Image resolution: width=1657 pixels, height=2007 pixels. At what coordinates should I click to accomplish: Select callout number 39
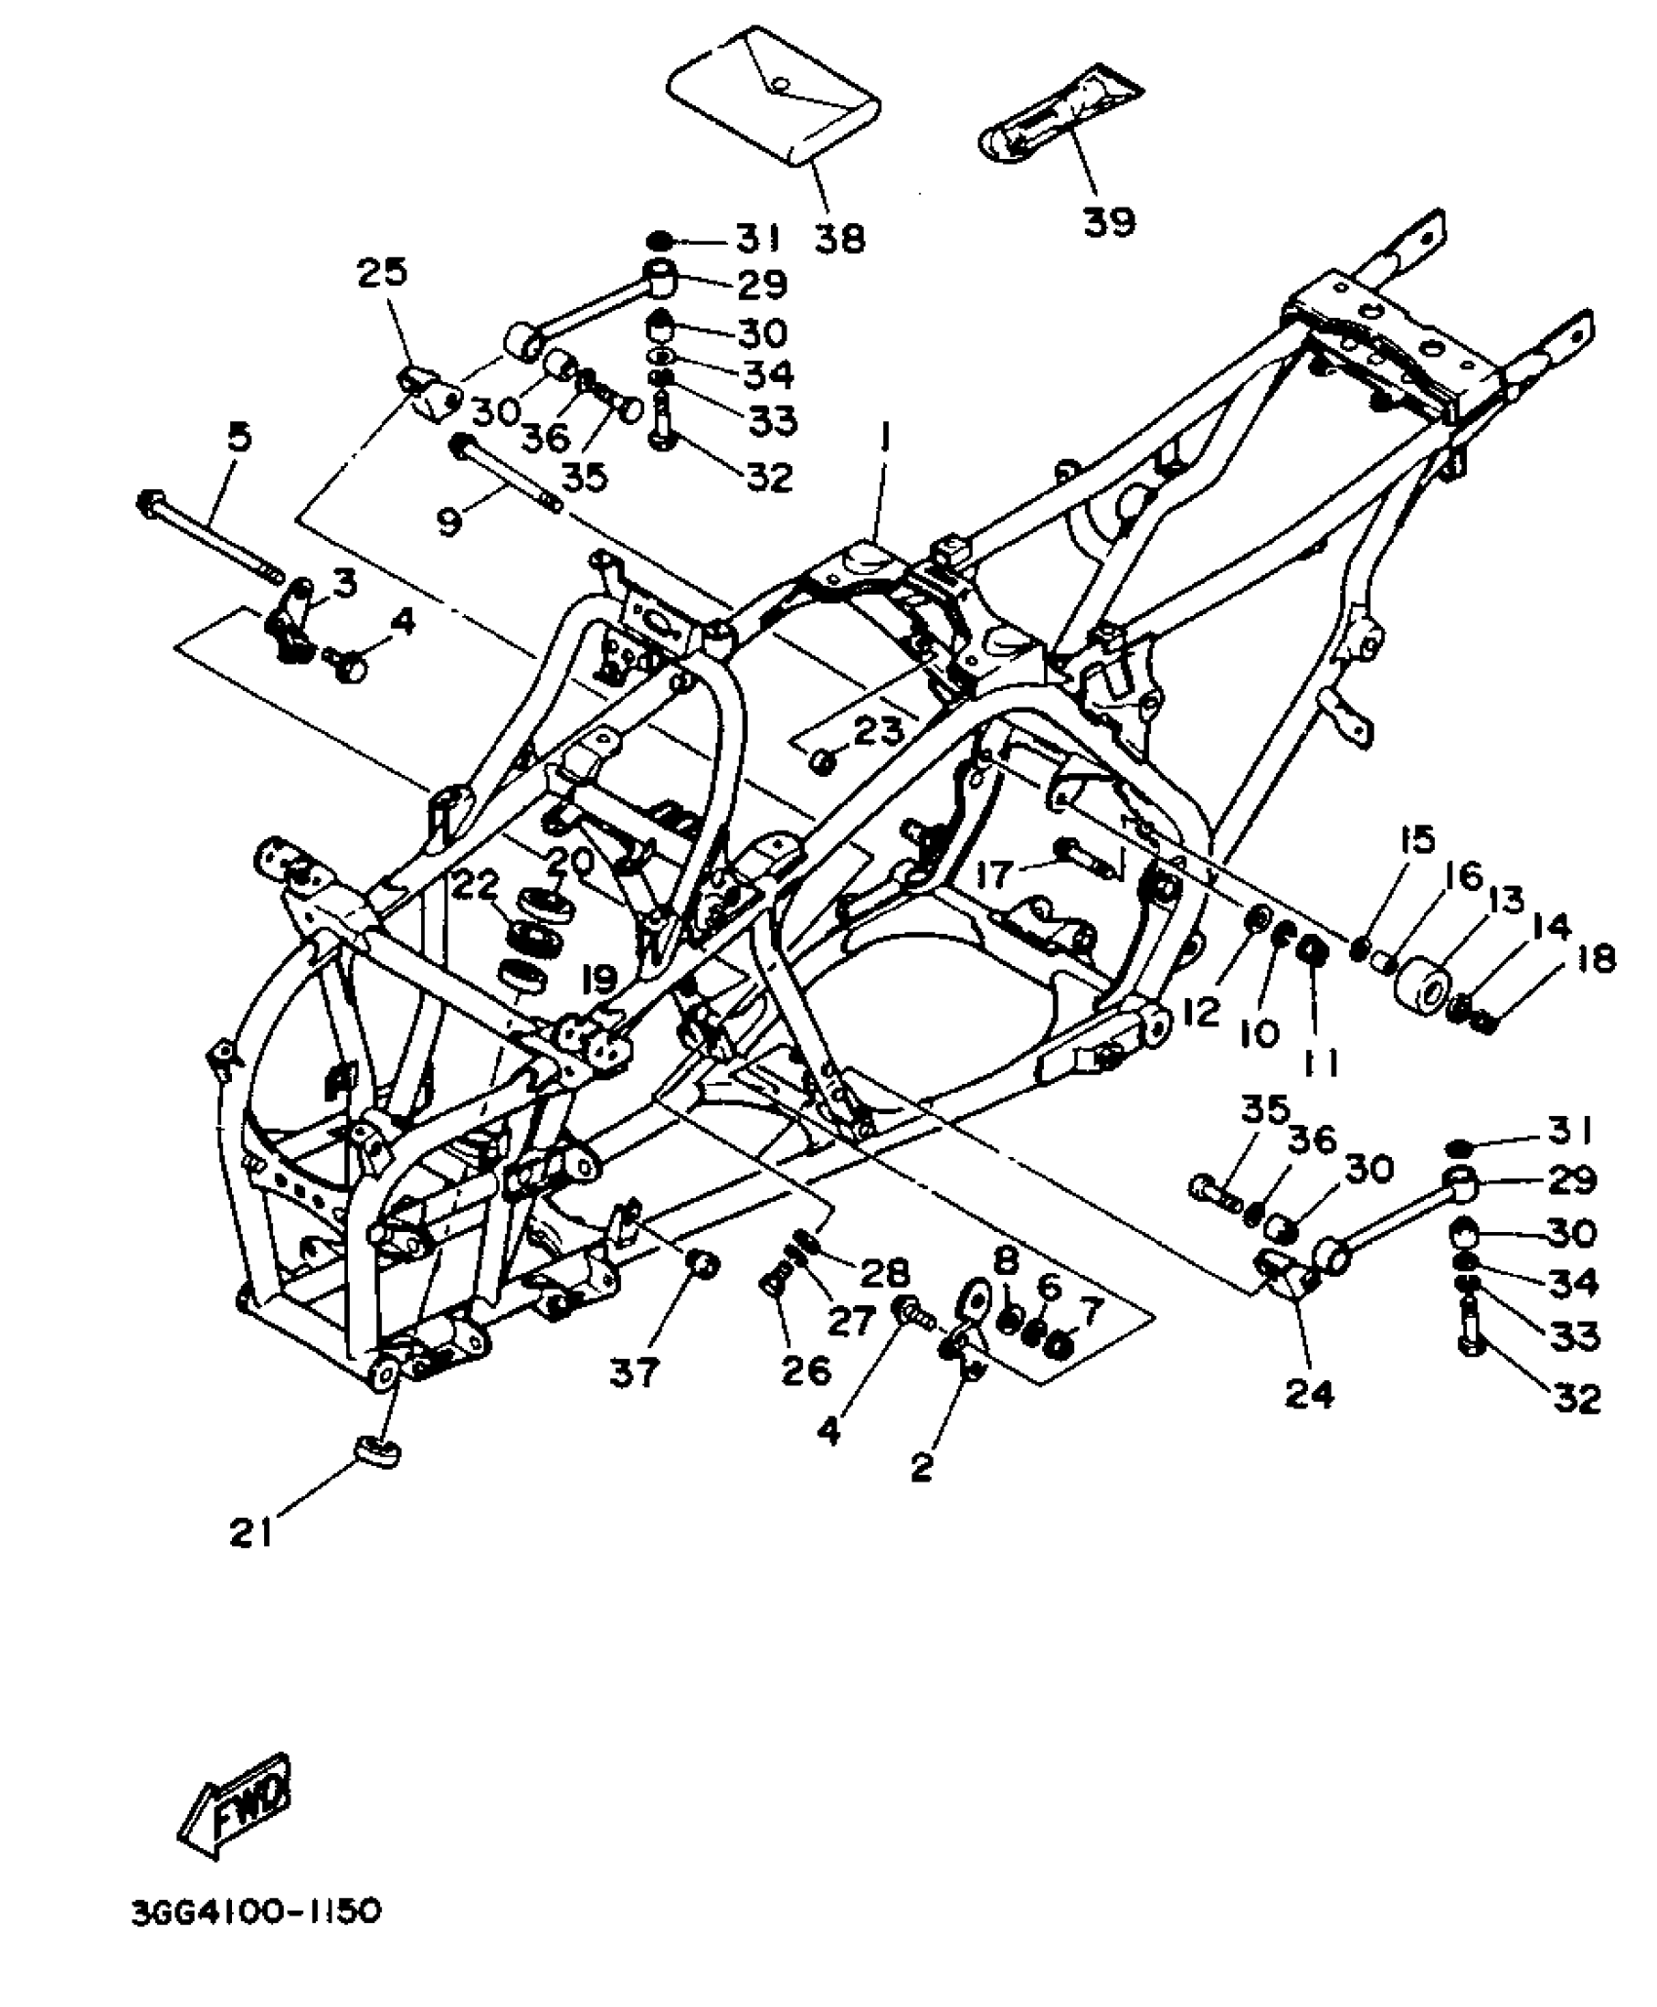pyautogui.click(x=1109, y=222)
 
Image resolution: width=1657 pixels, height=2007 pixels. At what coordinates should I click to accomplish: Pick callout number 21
pyautogui.click(x=251, y=1534)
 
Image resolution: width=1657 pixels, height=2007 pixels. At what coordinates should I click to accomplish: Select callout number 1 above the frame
pyautogui.click(x=884, y=441)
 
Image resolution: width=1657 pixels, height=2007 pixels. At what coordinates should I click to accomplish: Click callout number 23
pyautogui.click(x=879, y=731)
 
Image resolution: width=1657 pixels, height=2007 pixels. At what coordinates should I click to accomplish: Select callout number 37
pyautogui.click(x=635, y=1372)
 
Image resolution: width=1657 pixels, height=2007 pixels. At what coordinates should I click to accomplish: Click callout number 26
pyautogui.click(x=805, y=1370)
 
